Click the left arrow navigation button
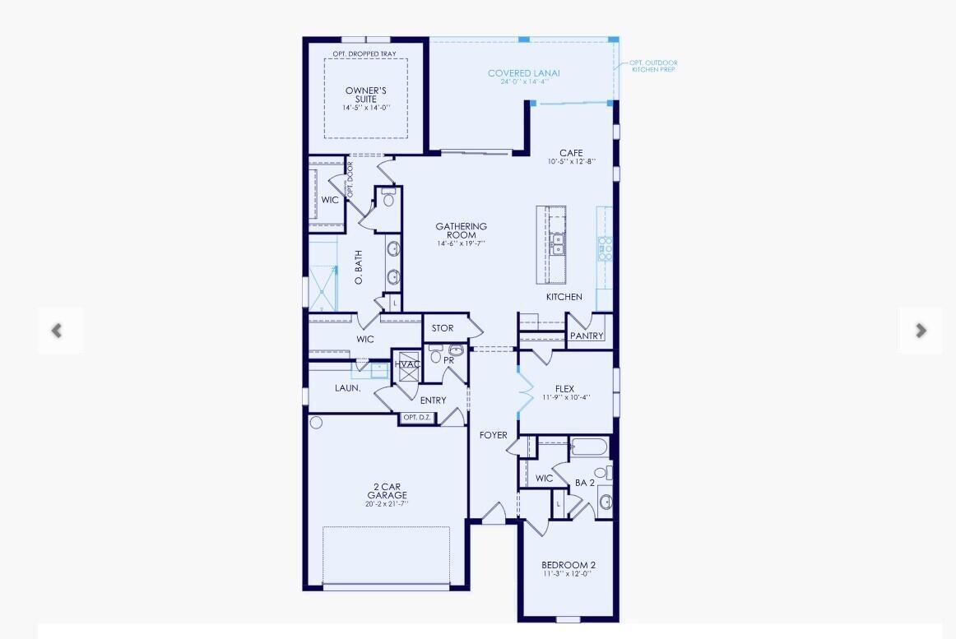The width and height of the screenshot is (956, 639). (57, 331)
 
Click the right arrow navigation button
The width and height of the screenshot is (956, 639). (921, 331)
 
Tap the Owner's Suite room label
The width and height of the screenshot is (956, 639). (366, 95)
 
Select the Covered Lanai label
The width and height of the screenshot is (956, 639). (523, 73)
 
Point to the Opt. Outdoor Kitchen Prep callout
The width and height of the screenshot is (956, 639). (654, 66)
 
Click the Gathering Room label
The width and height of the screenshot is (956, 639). (461, 230)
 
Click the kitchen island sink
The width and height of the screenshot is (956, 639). (558, 244)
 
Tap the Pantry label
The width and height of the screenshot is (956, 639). (587, 336)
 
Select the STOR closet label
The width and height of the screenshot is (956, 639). (443, 328)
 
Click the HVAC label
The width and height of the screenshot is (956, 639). (407, 364)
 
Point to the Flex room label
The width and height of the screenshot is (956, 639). (564, 389)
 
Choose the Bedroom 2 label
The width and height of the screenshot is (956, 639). (568, 565)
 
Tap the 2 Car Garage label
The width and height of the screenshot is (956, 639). (387, 491)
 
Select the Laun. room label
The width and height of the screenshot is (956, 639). (348, 387)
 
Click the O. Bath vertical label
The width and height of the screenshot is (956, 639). (359, 268)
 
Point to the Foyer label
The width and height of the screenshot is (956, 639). (494, 435)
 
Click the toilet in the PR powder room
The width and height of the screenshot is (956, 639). (437, 357)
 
